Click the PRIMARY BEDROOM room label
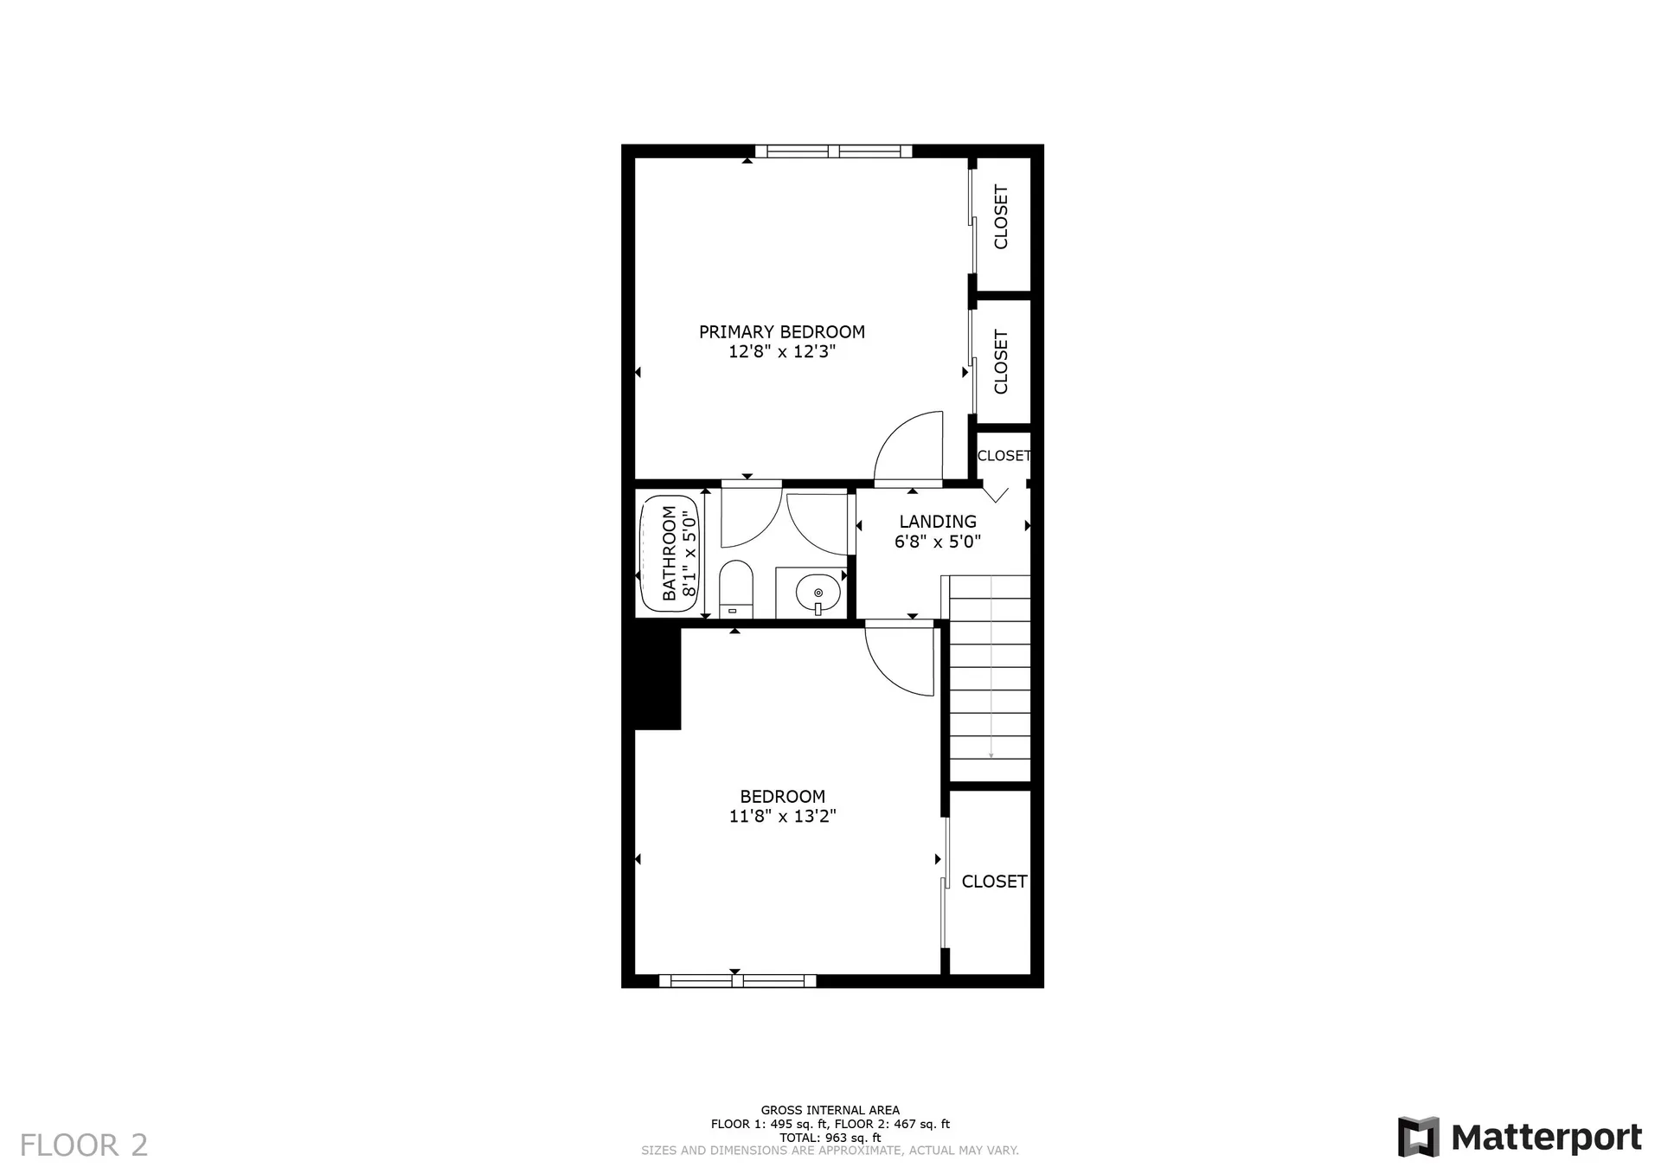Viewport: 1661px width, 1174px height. click(x=781, y=331)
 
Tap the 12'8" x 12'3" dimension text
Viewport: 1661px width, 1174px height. click(x=781, y=352)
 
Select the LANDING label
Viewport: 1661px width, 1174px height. click(x=938, y=522)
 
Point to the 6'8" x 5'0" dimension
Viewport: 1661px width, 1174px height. click(x=938, y=542)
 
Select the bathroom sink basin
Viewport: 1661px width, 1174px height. click(x=818, y=593)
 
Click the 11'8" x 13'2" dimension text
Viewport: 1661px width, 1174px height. click(x=782, y=816)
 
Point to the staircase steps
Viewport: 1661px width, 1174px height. click(x=990, y=679)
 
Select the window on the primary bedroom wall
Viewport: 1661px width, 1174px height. click(x=833, y=151)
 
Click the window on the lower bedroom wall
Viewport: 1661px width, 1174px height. click(x=737, y=980)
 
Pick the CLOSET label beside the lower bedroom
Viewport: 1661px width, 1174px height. click(x=994, y=882)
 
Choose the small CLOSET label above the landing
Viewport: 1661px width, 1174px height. click(x=1004, y=456)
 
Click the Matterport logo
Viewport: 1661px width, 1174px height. click(x=1519, y=1137)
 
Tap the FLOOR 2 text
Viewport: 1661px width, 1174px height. click(x=84, y=1145)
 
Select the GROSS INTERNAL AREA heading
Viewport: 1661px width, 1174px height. click(x=830, y=1110)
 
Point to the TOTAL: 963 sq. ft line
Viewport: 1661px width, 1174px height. click(x=830, y=1138)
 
